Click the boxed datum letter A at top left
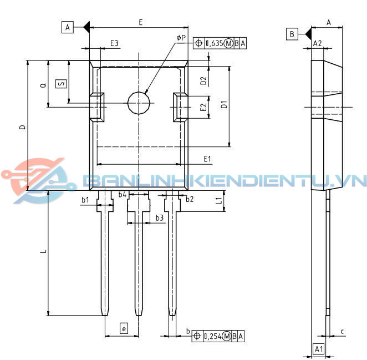click(x=68, y=27)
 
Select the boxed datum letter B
click(x=292, y=34)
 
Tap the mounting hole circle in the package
click(x=139, y=103)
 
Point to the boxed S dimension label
click(x=62, y=84)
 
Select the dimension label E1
click(x=207, y=159)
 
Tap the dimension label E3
click(x=114, y=43)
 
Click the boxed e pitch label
click(x=124, y=329)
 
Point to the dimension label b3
click(x=159, y=218)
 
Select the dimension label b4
click(x=123, y=195)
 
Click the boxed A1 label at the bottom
click(x=319, y=349)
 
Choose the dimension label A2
click(x=318, y=43)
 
